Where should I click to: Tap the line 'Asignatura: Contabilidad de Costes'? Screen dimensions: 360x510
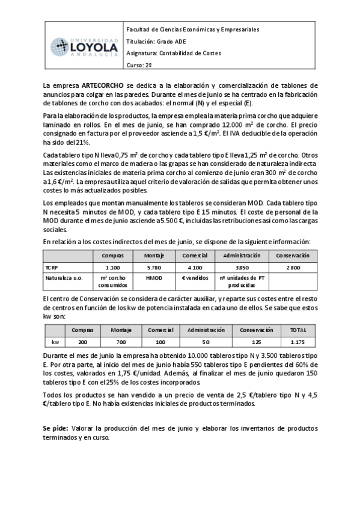click(x=174, y=54)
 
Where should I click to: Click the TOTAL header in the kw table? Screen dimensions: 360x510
click(x=297, y=330)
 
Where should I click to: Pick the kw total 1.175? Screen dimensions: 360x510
click(x=297, y=341)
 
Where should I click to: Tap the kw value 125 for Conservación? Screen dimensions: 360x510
click(x=257, y=341)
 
